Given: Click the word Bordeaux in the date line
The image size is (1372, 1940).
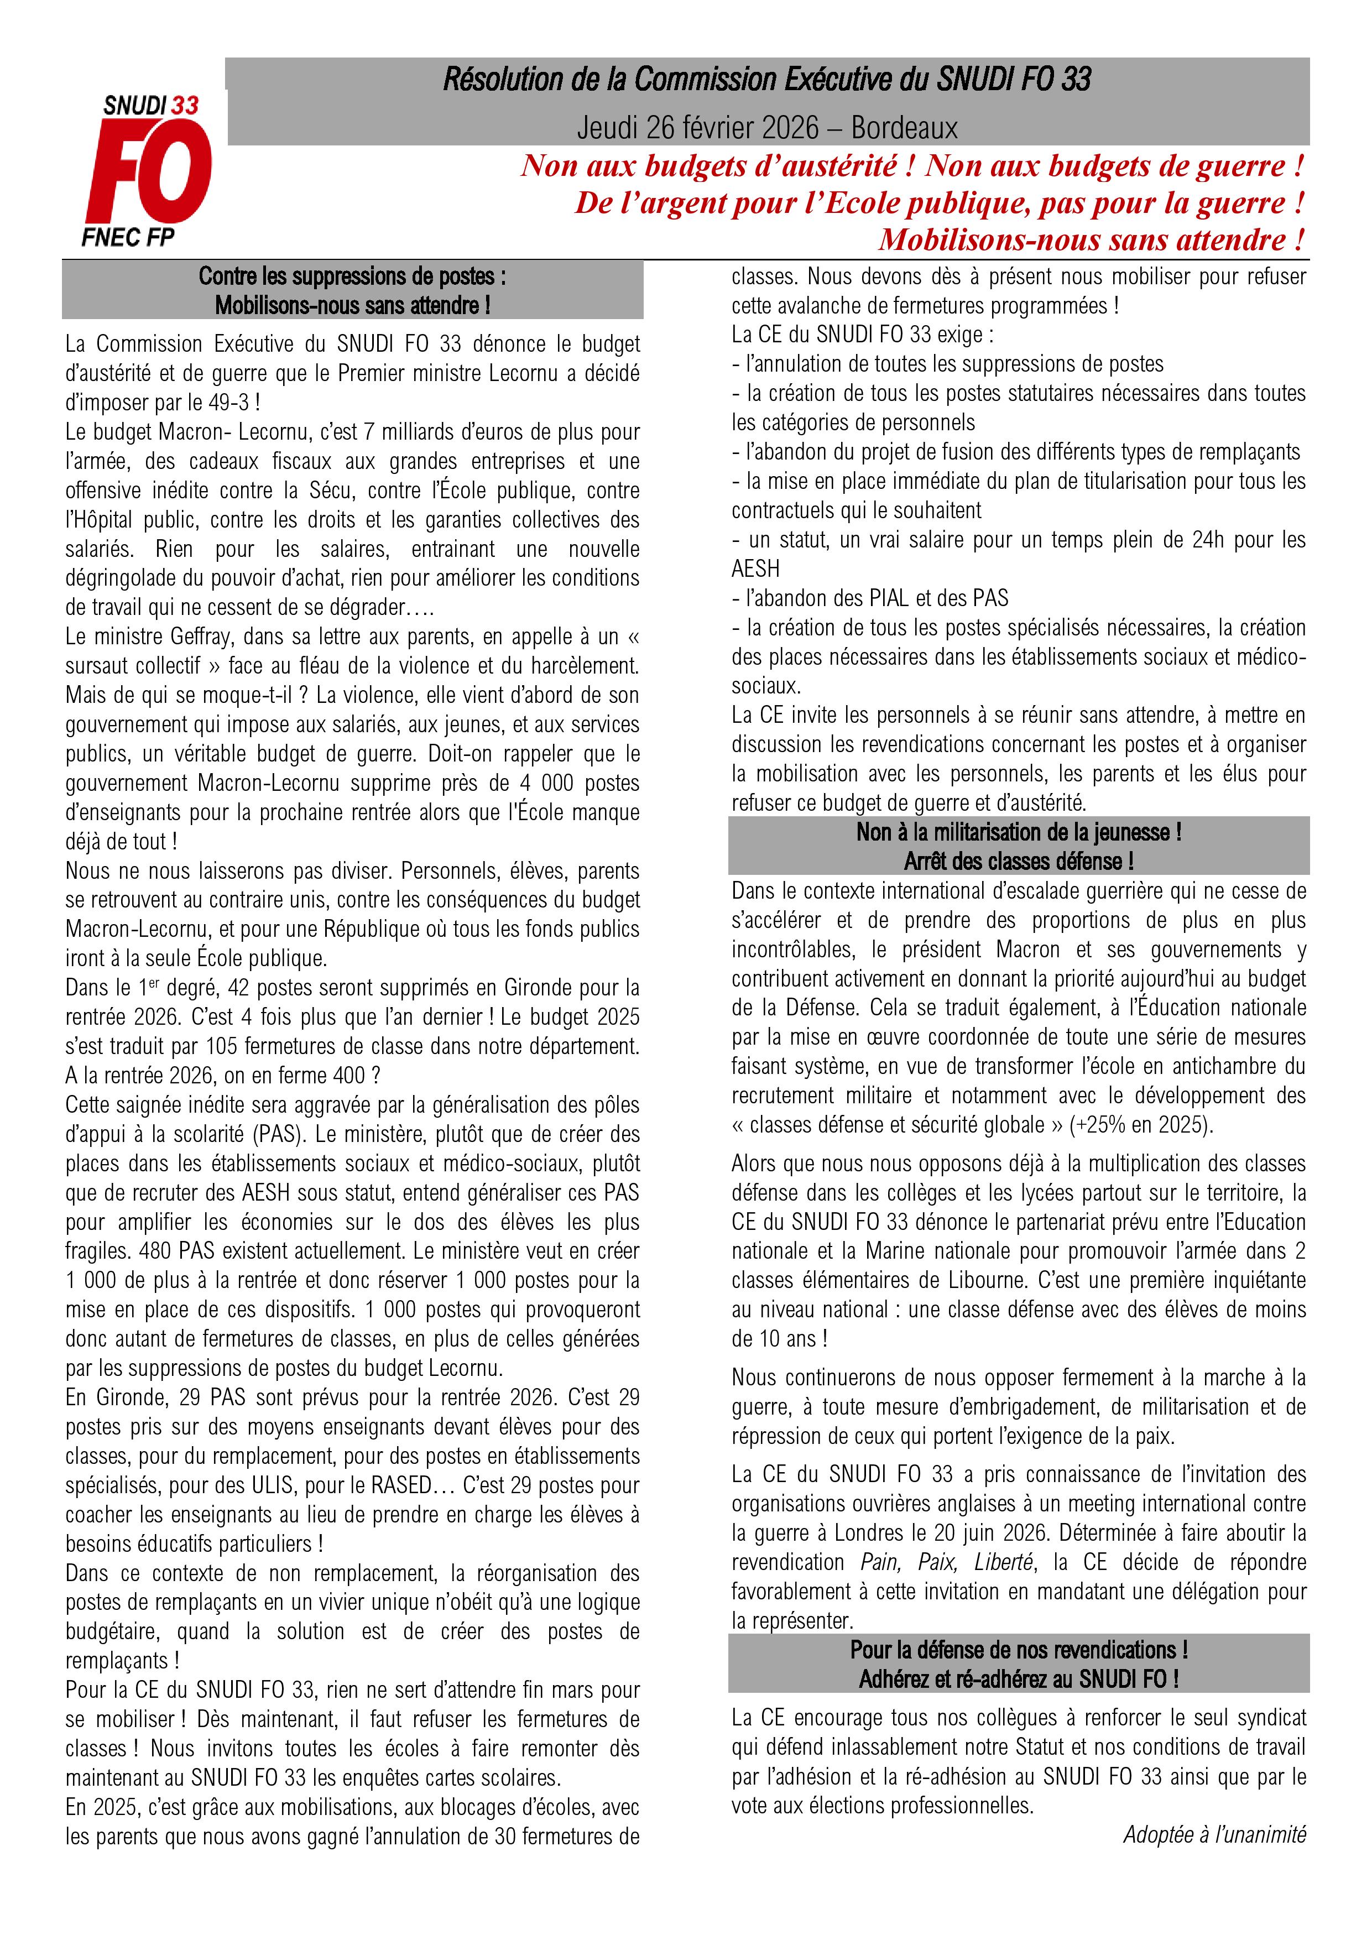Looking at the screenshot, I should [904, 128].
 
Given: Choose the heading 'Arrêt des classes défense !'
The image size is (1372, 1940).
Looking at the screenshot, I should [1018, 861].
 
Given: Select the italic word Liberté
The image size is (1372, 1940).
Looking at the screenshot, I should [1004, 1562].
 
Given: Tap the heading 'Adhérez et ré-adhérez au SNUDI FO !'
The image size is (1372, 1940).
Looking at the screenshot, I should [1018, 1679].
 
